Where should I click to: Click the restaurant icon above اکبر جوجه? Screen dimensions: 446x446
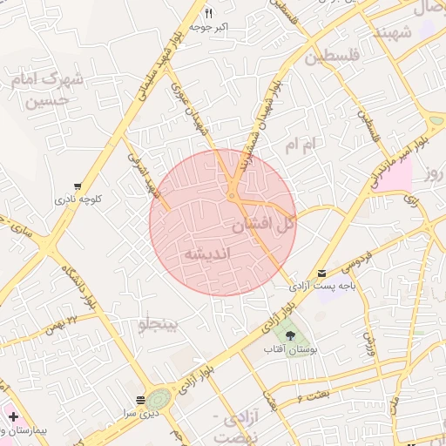point(208,14)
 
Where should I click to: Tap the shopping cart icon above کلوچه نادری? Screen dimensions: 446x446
point(78,186)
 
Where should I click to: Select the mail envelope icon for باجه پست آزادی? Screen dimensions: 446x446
point(323,273)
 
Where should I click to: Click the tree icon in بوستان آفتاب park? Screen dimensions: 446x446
point(290,335)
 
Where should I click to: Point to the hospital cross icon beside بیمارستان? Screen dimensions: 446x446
point(13,416)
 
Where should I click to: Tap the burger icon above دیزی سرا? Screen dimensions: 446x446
point(140,400)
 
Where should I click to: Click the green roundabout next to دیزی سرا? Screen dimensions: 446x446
point(158,400)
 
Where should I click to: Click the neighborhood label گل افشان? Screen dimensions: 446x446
point(264,224)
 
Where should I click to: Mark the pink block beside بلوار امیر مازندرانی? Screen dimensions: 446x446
point(396,175)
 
